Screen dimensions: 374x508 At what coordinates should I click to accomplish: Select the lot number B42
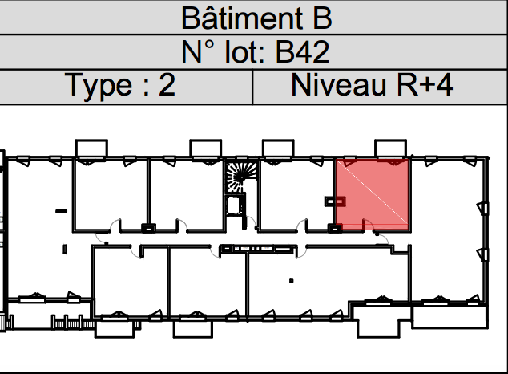302,52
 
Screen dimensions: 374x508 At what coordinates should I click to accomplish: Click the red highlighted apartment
373,193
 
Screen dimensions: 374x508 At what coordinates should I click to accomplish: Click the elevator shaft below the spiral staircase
236,205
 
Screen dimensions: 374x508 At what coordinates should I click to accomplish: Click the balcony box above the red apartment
392,148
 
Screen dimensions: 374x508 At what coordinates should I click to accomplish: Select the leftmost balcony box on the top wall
91,148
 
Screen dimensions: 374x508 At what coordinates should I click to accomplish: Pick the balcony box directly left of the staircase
205,148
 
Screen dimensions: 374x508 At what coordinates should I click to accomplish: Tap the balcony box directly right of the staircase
279,148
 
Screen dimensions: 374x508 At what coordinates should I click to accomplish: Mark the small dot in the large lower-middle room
290,281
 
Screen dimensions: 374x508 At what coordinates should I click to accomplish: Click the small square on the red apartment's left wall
330,201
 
